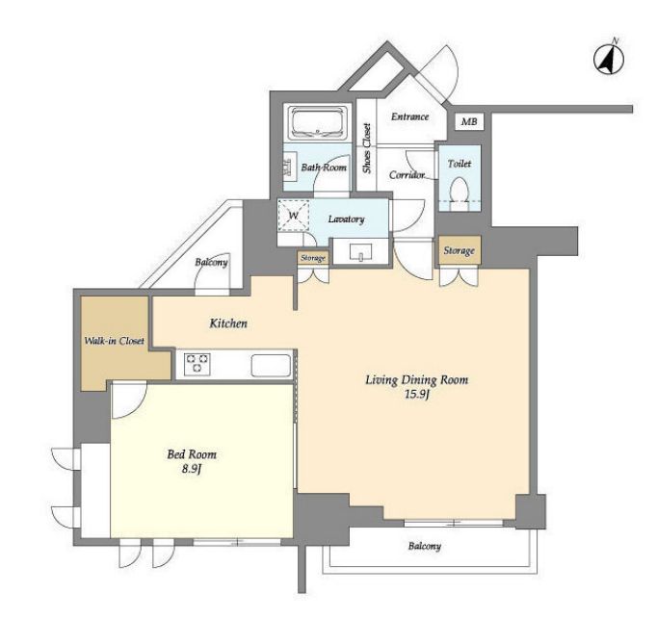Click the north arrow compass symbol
point(609,59)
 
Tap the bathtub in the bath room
point(319,122)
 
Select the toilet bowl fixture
point(459,193)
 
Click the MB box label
point(469,122)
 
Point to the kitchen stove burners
point(197,364)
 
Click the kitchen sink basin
point(271,366)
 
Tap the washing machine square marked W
point(294,216)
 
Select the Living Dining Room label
point(417,380)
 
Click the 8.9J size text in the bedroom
point(192,470)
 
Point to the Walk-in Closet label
point(115,341)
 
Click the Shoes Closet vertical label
point(367,148)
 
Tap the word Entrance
point(409,116)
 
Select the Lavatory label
point(346,219)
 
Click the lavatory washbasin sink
point(360,252)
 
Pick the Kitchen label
point(228,322)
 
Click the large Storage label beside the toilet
point(460,250)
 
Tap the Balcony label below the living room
point(425,546)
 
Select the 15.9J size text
point(417,394)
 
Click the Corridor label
point(407,175)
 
